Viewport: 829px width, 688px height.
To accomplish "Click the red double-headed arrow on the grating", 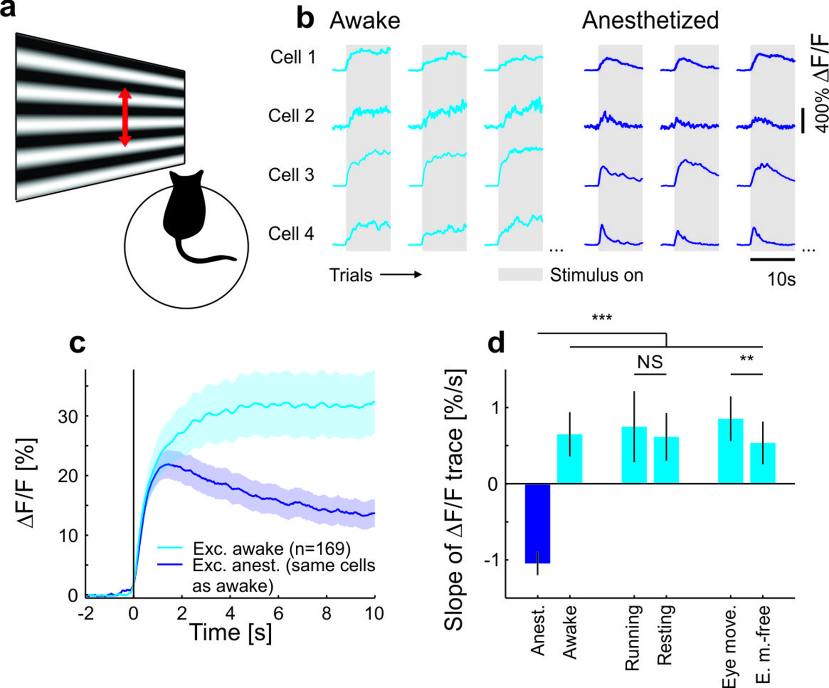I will coord(125,117).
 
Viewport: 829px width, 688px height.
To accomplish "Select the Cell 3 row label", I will coord(291,175).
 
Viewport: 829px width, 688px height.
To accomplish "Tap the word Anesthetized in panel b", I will coord(650,20).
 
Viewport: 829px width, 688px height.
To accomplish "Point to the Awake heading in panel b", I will coord(365,21).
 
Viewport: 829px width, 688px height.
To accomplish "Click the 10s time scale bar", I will coord(772,259).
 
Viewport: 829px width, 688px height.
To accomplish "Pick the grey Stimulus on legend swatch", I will coord(520,274).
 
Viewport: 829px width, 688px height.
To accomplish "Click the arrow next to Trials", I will coord(401,275).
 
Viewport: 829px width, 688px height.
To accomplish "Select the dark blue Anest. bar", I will coord(537,523).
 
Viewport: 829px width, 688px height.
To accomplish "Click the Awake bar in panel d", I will coord(569,459).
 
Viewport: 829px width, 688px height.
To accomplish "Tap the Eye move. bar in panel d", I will coord(730,451).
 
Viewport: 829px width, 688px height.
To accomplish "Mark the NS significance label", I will coord(650,362).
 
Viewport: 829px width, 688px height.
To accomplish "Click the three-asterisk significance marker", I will coord(602,318).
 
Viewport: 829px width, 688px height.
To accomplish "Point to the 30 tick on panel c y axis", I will coord(68,417).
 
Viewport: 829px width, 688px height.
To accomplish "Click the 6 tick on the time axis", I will coord(278,613).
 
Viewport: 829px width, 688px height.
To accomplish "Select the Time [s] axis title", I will coord(230,633).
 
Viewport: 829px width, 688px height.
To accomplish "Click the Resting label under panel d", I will coord(665,635).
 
